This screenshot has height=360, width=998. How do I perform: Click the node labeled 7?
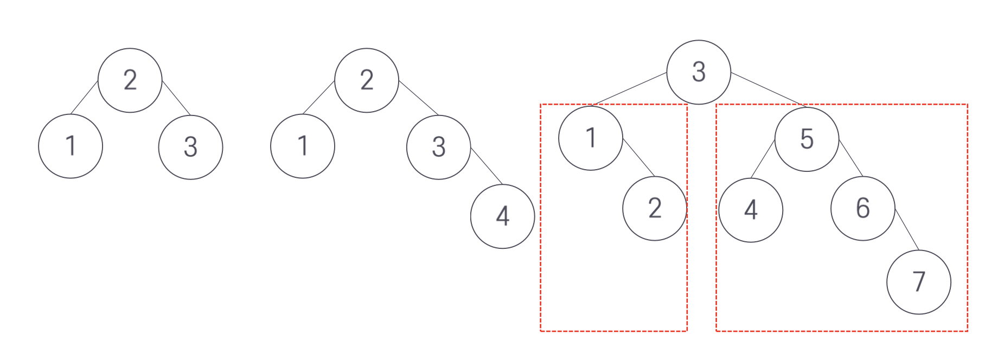[918, 282]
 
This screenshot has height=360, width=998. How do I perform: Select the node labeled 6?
[862, 208]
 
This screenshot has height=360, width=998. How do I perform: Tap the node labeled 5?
[807, 139]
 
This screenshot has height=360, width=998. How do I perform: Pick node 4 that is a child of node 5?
[751, 210]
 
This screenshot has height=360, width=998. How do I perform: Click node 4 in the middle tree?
[502, 216]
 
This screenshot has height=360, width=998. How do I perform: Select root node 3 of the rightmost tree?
[699, 72]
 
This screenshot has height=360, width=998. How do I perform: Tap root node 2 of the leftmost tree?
[130, 80]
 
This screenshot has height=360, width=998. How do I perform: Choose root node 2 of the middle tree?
[367, 80]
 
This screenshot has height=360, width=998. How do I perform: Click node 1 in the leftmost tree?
[71, 146]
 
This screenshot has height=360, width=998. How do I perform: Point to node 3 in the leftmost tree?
[190, 147]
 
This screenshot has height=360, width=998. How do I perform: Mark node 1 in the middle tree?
[303, 146]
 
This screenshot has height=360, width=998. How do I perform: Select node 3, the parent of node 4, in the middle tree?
[438, 147]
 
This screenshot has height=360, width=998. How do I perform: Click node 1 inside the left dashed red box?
[591, 138]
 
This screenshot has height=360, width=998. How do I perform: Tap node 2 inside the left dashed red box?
[655, 208]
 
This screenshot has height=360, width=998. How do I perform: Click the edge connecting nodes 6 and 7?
[906, 229]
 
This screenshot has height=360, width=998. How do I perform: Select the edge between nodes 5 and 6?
[850, 158]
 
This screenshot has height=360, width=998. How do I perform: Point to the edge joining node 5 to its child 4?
[763, 159]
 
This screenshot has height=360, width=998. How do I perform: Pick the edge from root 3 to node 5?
[767, 89]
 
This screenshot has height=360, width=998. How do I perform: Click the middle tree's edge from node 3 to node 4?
[487, 165]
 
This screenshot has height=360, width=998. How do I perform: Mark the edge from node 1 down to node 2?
[639, 158]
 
